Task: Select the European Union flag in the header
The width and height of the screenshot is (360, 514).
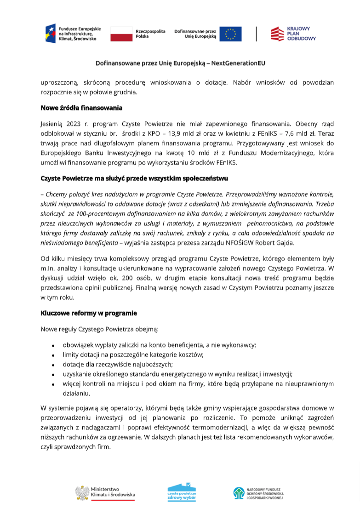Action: click(230, 34)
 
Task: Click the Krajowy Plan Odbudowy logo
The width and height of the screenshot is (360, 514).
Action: click(293, 34)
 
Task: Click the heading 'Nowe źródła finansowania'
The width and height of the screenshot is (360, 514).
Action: click(81, 109)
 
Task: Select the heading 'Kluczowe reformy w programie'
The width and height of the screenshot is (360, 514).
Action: click(89, 313)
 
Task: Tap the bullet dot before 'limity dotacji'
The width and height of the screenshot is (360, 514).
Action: click(53, 355)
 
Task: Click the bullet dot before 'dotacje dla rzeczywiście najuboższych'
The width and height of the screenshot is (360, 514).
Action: click(53, 365)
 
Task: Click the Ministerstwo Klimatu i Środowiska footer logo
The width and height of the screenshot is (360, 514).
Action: click(105, 492)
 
